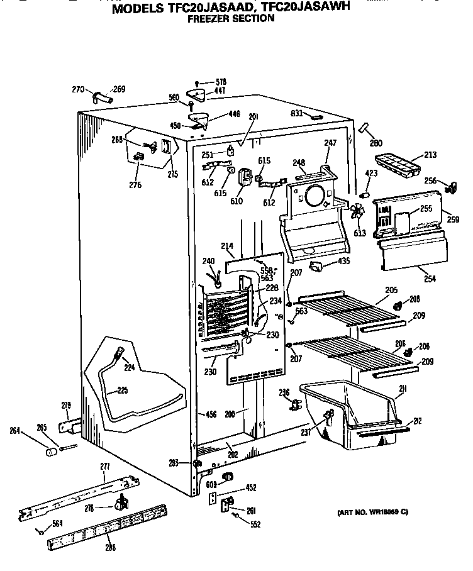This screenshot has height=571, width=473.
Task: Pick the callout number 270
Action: click(77, 90)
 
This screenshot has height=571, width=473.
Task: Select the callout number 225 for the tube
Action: click(122, 391)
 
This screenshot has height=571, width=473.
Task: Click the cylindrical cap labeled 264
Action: click(48, 452)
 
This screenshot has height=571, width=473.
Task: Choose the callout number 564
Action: click(58, 523)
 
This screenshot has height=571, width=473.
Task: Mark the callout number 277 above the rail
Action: click(105, 465)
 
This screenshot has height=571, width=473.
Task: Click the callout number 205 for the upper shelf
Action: click(391, 290)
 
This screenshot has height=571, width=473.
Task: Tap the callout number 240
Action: click(208, 262)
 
